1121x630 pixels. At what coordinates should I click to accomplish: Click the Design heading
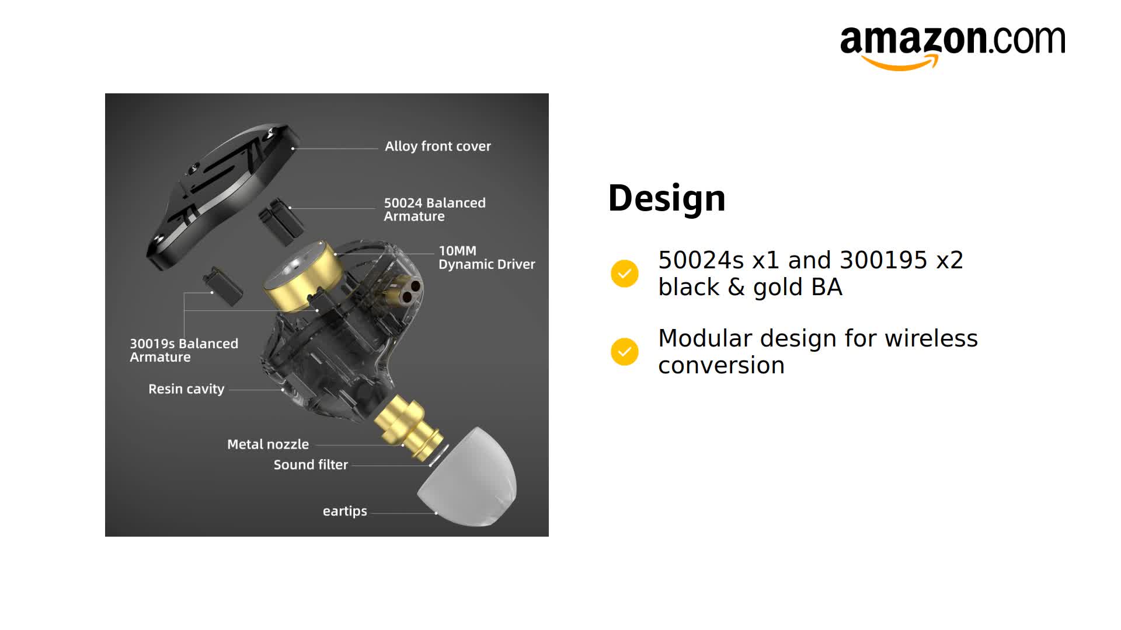(666, 198)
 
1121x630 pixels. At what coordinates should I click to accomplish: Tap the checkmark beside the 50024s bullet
(624, 274)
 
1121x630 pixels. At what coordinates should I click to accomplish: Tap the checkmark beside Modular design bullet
(624, 352)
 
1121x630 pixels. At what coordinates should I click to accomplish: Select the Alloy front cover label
(437, 146)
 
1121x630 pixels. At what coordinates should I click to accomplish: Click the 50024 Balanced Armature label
(434, 209)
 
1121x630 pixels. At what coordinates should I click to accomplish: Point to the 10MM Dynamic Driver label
(486, 257)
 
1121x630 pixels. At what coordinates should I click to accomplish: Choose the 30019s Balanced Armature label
(183, 350)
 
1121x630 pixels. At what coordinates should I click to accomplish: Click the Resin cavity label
(186, 389)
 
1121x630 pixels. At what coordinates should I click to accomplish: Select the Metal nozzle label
(267, 444)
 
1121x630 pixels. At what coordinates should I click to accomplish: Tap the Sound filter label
(311, 465)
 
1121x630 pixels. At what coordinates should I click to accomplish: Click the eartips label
(344, 512)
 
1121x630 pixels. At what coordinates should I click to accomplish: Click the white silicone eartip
(470, 478)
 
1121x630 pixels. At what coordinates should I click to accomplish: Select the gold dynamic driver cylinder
(302, 276)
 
